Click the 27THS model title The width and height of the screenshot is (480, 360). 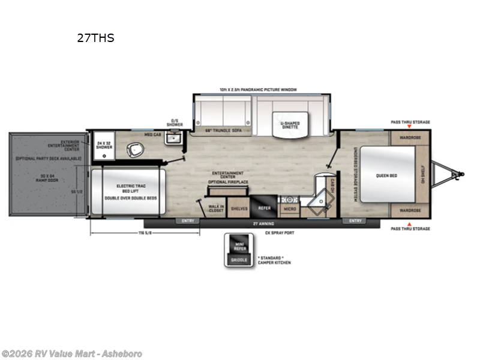[95, 38]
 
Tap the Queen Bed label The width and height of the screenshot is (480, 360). [385, 175]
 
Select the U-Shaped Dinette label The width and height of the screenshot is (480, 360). [290, 125]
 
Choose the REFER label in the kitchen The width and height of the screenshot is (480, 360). [265, 208]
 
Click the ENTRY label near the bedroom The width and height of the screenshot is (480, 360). [355, 221]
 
